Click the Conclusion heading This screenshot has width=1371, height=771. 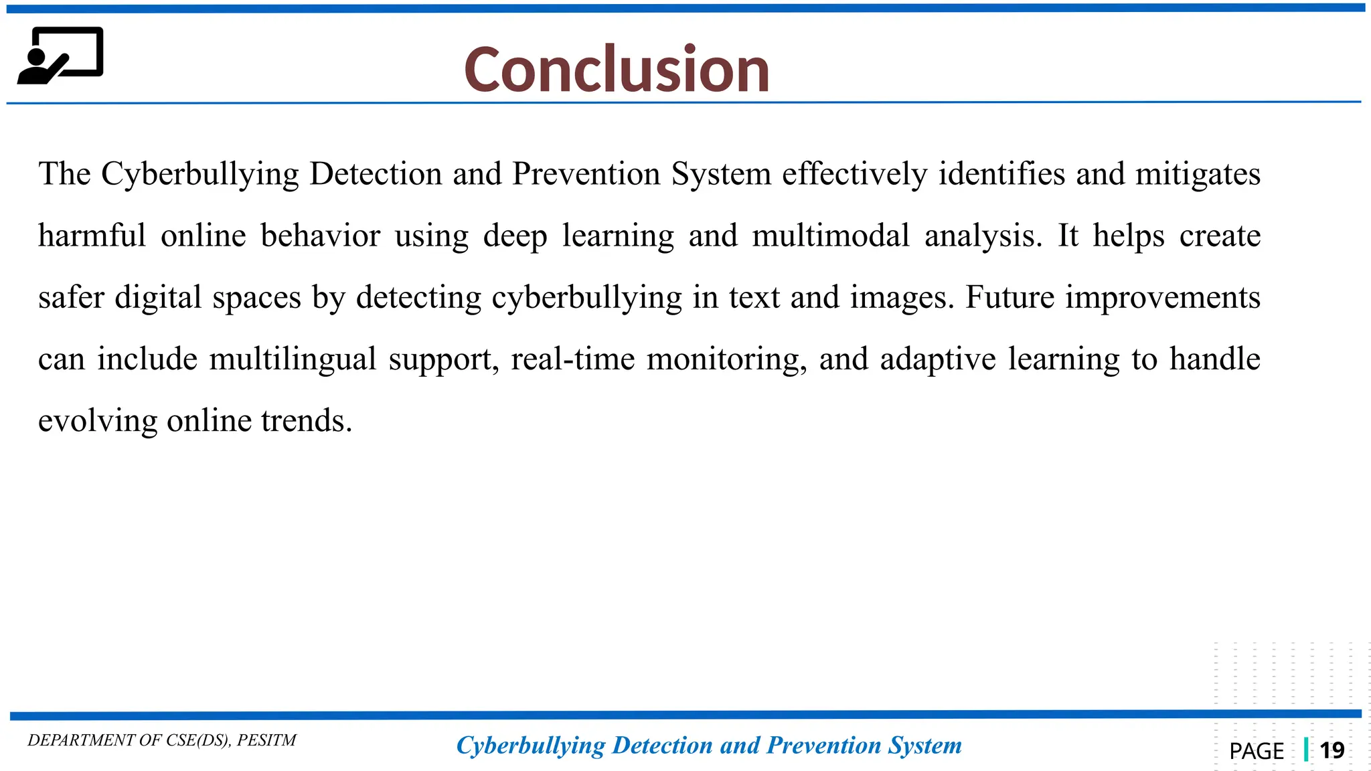(x=617, y=70)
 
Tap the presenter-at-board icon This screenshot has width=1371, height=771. (x=60, y=56)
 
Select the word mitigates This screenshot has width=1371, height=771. (x=1198, y=174)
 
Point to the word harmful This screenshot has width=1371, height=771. (x=92, y=236)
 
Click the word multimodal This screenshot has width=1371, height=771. (x=830, y=236)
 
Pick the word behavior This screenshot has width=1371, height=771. (x=320, y=236)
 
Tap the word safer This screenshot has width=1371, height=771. (x=71, y=297)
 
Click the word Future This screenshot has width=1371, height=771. (x=1010, y=297)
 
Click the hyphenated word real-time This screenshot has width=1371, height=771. (x=572, y=359)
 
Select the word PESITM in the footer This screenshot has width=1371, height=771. (x=266, y=740)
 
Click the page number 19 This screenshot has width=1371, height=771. (x=1332, y=750)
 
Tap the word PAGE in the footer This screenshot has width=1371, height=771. (x=1257, y=751)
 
